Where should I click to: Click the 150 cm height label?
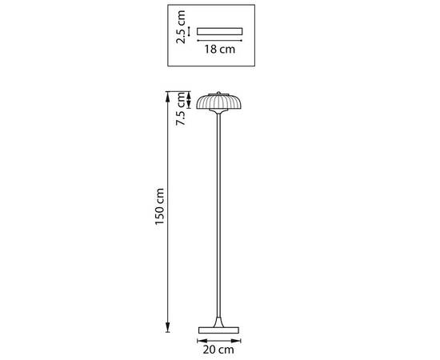click(x=159, y=206)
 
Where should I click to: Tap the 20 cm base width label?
click(x=218, y=350)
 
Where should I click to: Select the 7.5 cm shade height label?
click(x=181, y=109)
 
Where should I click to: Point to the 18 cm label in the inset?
click(x=219, y=49)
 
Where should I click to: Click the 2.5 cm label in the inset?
click(x=181, y=27)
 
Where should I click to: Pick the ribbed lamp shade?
click(x=219, y=102)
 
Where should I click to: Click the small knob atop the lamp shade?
click(x=218, y=93)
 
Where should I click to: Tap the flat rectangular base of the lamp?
click(x=218, y=330)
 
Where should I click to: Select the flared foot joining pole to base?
click(x=218, y=322)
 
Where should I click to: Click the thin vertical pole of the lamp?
click(x=218, y=215)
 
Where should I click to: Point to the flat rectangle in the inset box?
click(x=219, y=31)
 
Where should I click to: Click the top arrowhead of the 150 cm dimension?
click(x=167, y=96)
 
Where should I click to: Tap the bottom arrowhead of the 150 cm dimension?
click(x=167, y=327)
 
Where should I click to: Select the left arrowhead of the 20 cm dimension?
click(x=202, y=341)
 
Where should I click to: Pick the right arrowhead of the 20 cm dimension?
click(x=236, y=341)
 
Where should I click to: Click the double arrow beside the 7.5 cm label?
click(x=189, y=100)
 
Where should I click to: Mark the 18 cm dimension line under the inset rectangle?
click(x=219, y=41)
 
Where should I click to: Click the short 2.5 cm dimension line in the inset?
click(x=189, y=31)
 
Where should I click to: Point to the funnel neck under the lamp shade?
click(x=218, y=111)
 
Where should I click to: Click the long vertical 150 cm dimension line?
click(x=167, y=212)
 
